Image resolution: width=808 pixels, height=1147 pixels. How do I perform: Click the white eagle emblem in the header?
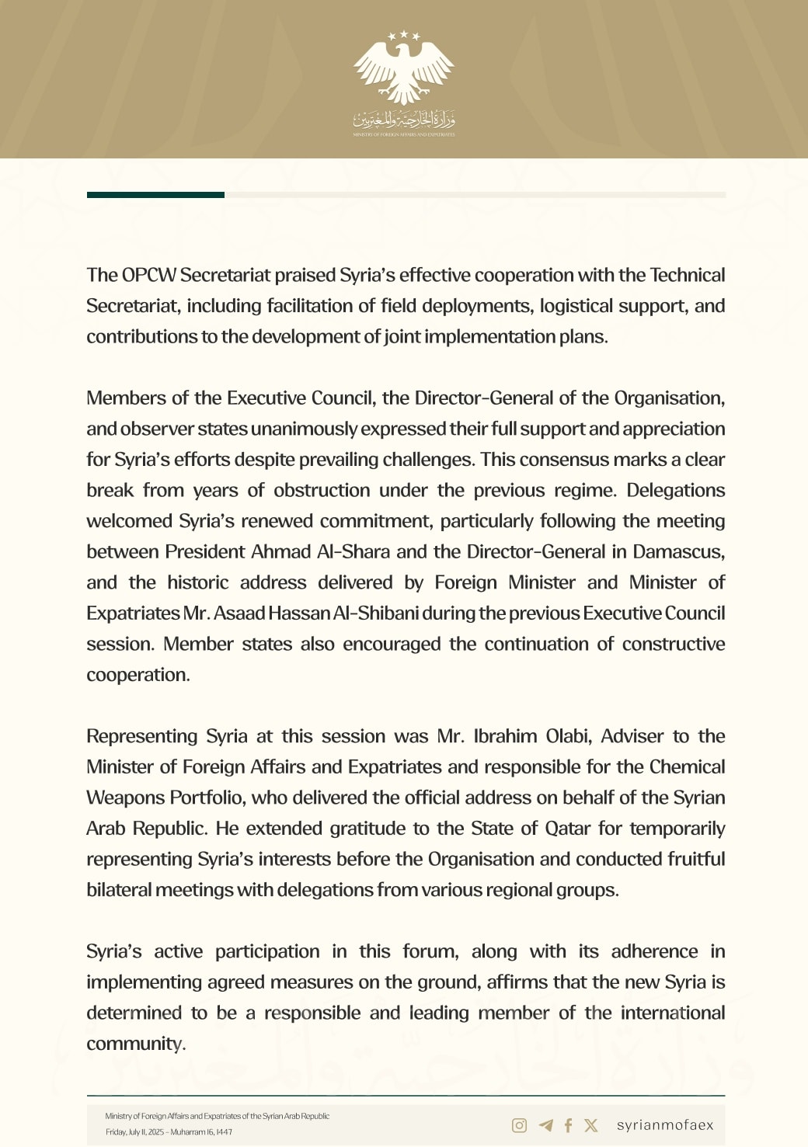point(403,69)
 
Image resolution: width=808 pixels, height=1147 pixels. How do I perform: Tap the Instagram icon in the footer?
point(520,1125)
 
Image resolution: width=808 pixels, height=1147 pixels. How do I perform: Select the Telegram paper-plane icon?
point(546,1125)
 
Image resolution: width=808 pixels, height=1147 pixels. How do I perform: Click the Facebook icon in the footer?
point(568,1125)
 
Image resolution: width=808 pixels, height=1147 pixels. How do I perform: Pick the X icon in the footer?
point(591,1125)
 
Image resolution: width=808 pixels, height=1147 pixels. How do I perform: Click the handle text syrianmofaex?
point(665,1125)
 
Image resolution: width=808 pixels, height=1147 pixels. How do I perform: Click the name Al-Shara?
point(353,551)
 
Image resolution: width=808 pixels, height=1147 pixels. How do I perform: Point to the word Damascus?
point(678,551)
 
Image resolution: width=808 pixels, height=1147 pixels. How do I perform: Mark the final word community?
point(135,1044)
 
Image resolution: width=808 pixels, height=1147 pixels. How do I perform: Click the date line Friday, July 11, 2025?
point(169,1132)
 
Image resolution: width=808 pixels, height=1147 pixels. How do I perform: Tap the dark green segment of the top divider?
point(155,195)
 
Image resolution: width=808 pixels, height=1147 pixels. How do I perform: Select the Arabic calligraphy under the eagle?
point(403,120)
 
